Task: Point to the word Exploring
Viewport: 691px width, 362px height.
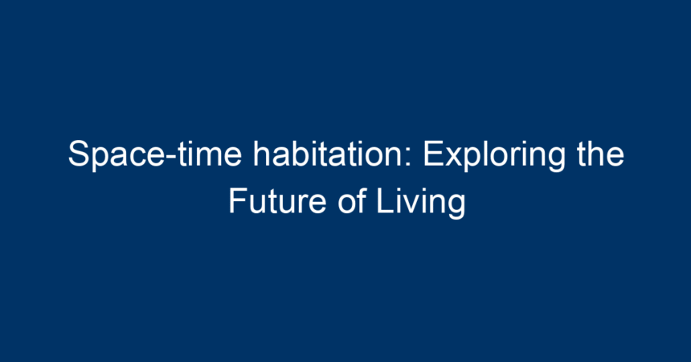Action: pyautogui.click(x=493, y=155)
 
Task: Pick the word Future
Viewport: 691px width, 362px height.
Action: pyautogui.click(x=277, y=201)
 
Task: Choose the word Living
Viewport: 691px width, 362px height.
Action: pyautogui.click(x=421, y=203)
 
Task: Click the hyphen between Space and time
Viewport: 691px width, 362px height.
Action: pyautogui.click(x=172, y=158)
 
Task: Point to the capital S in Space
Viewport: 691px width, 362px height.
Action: pyautogui.click(x=80, y=153)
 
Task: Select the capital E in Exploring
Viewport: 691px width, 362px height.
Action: pyautogui.click(x=433, y=153)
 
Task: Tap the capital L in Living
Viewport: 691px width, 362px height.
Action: pyautogui.click(x=385, y=201)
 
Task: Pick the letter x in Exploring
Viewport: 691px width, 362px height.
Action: pyautogui.click(x=453, y=157)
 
